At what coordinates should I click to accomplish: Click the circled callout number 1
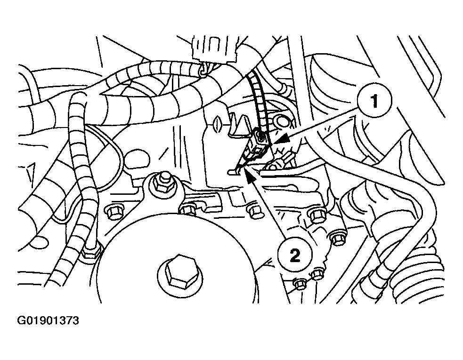click(x=374, y=101)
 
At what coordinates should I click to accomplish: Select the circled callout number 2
click(x=295, y=255)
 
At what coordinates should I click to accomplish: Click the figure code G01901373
click(x=48, y=320)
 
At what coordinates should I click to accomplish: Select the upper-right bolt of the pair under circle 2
click(x=317, y=274)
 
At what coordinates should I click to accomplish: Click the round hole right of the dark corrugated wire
click(x=282, y=121)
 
